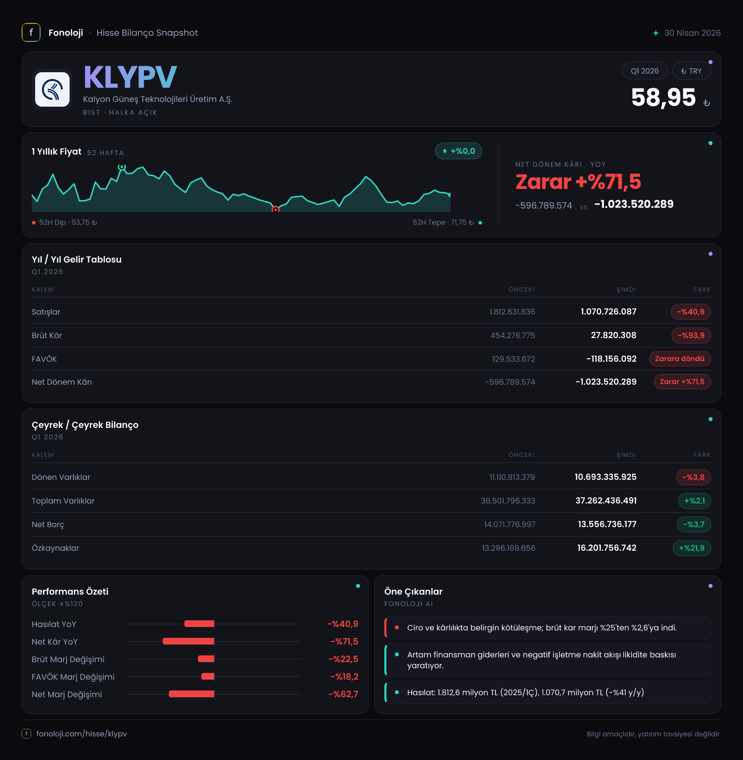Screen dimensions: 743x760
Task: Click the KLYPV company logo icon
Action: tap(52, 89)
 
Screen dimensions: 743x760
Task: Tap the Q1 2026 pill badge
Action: tap(645, 71)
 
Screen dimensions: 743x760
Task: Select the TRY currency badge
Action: tap(691, 71)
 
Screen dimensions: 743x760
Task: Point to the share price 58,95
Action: tap(663, 97)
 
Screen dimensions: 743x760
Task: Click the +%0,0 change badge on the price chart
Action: tap(459, 151)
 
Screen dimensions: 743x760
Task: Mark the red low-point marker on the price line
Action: tap(276, 209)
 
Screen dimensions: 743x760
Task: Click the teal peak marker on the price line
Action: tap(122, 167)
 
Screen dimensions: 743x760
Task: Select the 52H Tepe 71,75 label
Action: tap(443, 223)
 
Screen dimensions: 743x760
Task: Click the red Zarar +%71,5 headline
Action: tap(578, 182)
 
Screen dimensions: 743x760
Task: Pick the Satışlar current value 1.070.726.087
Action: tap(608, 311)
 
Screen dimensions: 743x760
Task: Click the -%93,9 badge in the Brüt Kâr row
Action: tap(691, 335)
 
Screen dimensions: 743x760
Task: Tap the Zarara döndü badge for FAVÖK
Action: tap(680, 359)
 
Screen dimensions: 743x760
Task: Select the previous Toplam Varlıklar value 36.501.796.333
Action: tap(508, 501)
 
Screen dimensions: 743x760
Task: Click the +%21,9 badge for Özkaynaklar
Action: tap(692, 548)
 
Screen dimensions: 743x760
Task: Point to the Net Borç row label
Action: tap(48, 524)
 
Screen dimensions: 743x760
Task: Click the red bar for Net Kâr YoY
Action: tap(188, 642)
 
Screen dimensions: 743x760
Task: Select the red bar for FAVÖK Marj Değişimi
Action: tap(208, 677)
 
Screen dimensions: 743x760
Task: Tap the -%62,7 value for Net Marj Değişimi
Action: tap(343, 694)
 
